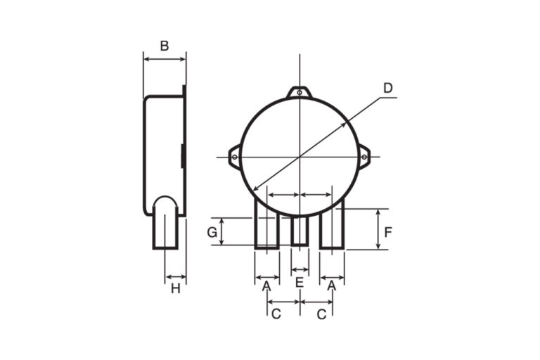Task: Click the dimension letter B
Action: coord(164,46)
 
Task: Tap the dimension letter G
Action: coord(211,233)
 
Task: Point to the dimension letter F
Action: coord(389,231)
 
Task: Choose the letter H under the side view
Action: coord(175,288)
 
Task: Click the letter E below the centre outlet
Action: coord(300,283)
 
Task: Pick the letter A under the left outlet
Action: coord(266,286)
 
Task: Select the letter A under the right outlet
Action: coord(333,286)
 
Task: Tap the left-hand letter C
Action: coord(276,314)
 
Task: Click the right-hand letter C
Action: coord(322,314)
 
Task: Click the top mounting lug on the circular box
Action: coord(300,92)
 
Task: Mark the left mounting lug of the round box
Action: coord(234,156)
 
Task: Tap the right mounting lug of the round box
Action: coord(364,156)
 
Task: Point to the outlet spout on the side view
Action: coord(165,225)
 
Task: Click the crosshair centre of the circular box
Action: coord(300,156)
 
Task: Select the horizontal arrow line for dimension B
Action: coord(165,60)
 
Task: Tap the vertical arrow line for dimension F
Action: coord(379,229)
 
